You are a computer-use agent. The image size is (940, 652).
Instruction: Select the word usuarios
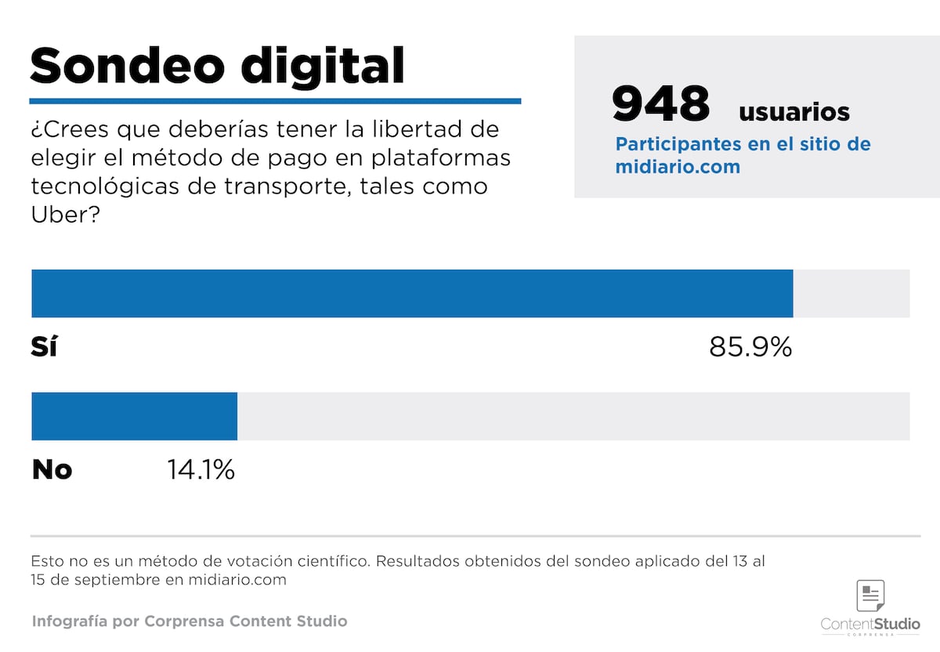[x=794, y=112]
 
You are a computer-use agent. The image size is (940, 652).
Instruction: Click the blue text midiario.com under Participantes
[x=678, y=167]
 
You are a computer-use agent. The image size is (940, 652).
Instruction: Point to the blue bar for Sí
[x=412, y=293]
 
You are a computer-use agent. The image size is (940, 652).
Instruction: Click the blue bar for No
[x=134, y=416]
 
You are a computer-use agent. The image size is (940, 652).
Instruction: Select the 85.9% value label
[x=750, y=346]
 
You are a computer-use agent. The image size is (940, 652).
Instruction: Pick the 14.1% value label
[x=201, y=469]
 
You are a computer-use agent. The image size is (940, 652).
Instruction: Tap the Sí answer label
[x=44, y=346]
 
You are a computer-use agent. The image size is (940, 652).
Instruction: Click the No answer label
[x=52, y=469]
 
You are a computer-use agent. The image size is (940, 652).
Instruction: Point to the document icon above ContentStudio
[x=870, y=596]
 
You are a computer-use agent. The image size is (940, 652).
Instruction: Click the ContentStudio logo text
[x=870, y=625]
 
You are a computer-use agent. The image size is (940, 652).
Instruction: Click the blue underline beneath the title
[x=275, y=101]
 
